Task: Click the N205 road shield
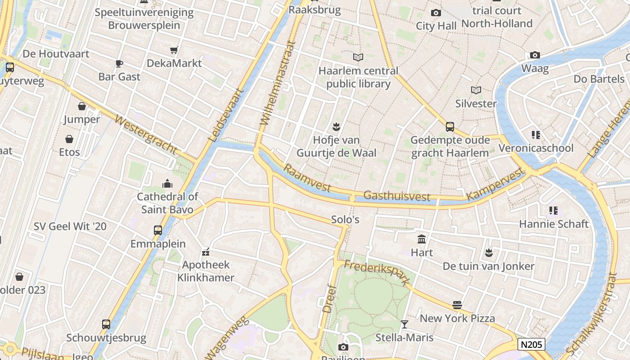click(x=531, y=345)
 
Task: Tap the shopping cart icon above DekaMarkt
click(x=174, y=50)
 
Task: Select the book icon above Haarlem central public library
click(x=358, y=58)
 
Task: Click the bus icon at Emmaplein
click(x=158, y=230)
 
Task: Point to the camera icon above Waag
click(x=535, y=55)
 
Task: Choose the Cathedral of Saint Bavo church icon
click(x=167, y=183)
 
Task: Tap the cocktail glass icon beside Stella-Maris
click(x=404, y=324)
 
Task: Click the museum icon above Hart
click(x=422, y=239)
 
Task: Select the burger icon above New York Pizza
click(x=457, y=305)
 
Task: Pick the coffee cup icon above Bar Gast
click(x=119, y=63)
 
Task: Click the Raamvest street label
click(x=307, y=178)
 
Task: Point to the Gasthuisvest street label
click(x=396, y=196)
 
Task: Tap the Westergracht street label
click(x=145, y=135)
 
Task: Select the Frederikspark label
click(x=377, y=272)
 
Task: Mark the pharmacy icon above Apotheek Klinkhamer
click(x=206, y=252)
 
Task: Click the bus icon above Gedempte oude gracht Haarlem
click(x=450, y=126)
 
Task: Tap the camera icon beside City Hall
click(x=436, y=13)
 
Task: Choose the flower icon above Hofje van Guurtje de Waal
click(x=336, y=126)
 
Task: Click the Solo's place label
click(x=345, y=220)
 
